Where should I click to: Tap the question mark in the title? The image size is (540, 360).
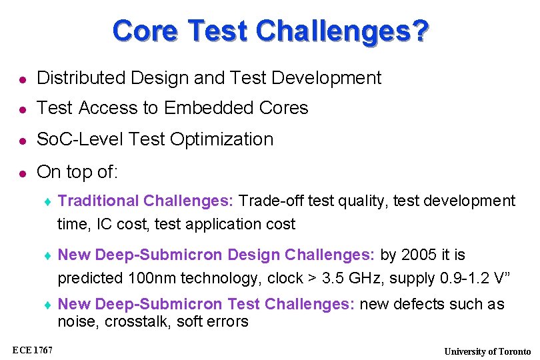click(x=419, y=31)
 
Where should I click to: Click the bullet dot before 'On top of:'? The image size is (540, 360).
click(x=21, y=173)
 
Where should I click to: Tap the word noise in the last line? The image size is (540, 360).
click(x=74, y=322)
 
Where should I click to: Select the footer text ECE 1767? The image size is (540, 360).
click(x=34, y=350)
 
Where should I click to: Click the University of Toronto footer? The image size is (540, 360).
click(x=488, y=351)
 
